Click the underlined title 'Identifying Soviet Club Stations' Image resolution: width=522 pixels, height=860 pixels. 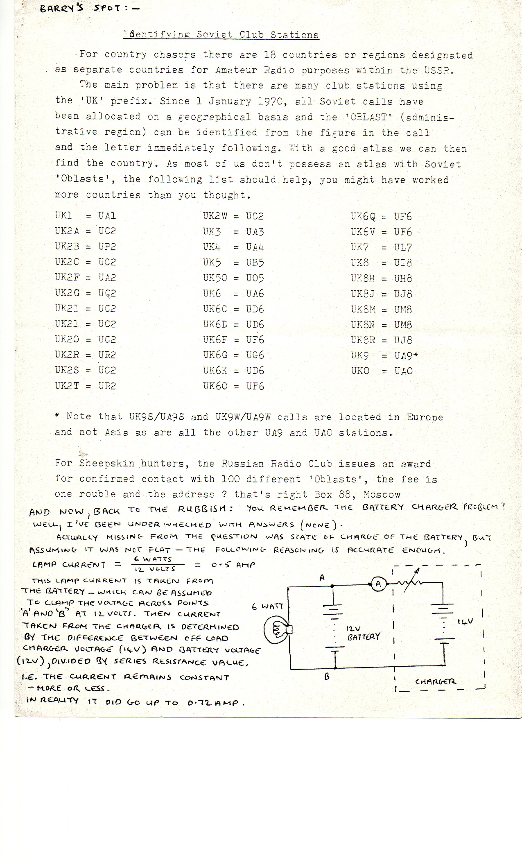(x=221, y=35)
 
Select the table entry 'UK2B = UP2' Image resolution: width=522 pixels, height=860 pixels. (x=86, y=247)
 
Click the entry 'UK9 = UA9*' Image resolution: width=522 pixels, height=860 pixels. (x=384, y=355)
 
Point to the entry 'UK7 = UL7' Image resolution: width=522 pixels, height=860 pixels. (x=381, y=247)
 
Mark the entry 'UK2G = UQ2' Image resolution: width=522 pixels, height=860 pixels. (x=86, y=293)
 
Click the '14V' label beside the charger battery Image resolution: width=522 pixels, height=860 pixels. (x=465, y=622)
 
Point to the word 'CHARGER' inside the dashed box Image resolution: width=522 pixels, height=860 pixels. (x=435, y=682)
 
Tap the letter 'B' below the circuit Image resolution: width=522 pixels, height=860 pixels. (x=327, y=677)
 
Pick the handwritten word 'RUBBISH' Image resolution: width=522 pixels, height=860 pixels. (x=206, y=509)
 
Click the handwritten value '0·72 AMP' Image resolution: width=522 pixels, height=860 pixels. (x=216, y=703)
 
